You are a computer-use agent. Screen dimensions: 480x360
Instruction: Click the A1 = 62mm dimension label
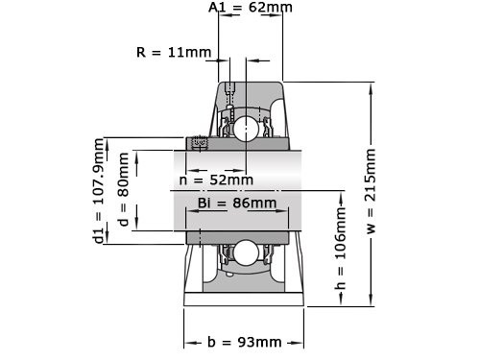coord(251,7)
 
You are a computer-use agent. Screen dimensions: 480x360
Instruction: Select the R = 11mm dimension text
coord(174,52)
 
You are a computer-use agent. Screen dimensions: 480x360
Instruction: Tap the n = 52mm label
coord(216,180)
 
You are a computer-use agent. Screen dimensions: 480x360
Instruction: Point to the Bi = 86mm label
coord(237,203)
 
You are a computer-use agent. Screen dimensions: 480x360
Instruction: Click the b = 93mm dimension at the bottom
coord(245,342)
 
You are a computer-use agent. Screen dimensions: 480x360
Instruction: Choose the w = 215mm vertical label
coord(371,191)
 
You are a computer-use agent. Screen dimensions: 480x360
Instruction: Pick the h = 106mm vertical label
coord(341,249)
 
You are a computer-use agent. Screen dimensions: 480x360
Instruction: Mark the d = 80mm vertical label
coord(124,189)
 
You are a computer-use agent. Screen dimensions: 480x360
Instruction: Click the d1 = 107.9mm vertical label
coord(99,191)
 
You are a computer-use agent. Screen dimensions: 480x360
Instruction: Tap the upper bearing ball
coord(246,128)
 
